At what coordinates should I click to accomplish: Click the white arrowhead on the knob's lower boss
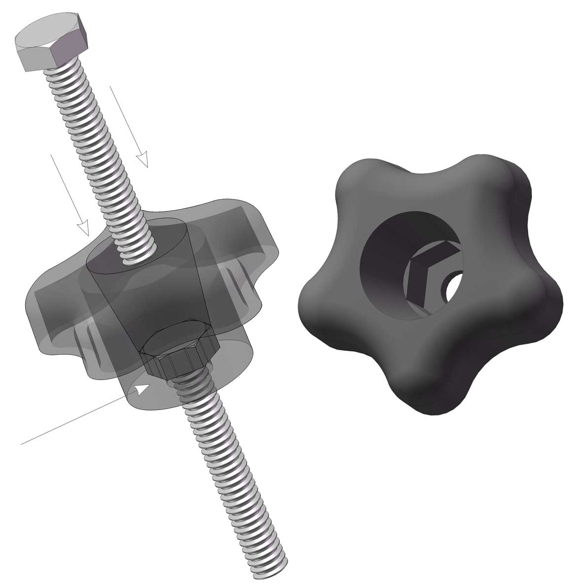click(x=143, y=389)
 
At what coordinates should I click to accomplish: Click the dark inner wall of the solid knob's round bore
click(x=385, y=276)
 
